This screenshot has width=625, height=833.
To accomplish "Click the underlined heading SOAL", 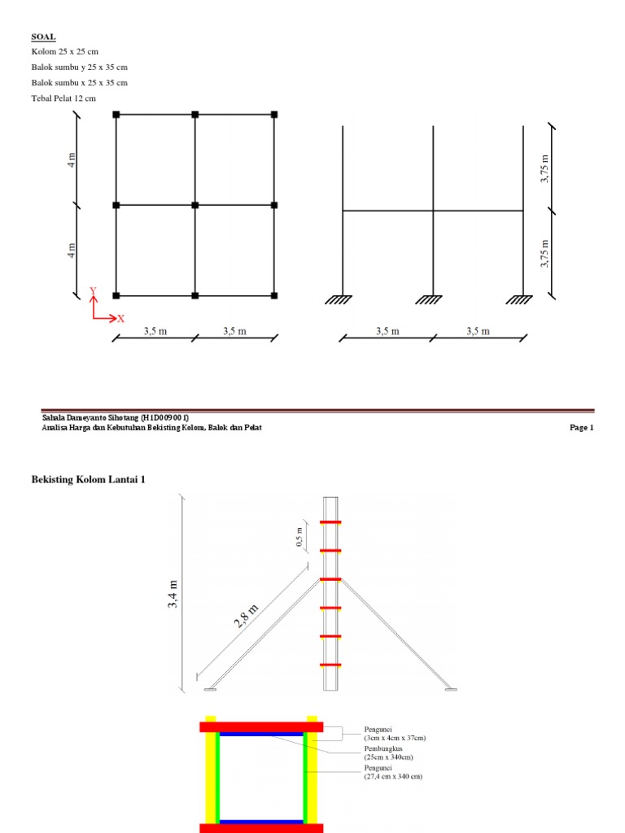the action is (x=44, y=37).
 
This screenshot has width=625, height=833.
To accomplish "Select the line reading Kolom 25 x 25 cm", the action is (x=65, y=51).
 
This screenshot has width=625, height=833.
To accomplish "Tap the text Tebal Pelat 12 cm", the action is (x=63, y=98).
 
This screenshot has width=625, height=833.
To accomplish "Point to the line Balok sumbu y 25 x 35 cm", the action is (x=80, y=67).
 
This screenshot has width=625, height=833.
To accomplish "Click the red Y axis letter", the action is (x=93, y=290).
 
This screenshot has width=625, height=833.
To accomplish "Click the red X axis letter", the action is (x=121, y=319).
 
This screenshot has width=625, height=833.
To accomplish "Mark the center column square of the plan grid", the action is (x=195, y=205).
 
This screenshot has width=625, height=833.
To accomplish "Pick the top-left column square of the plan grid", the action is (x=116, y=114).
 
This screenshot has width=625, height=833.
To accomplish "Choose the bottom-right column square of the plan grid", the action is (x=274, y=295).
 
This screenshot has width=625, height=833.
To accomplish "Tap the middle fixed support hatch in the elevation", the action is (x=429, y=300).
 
